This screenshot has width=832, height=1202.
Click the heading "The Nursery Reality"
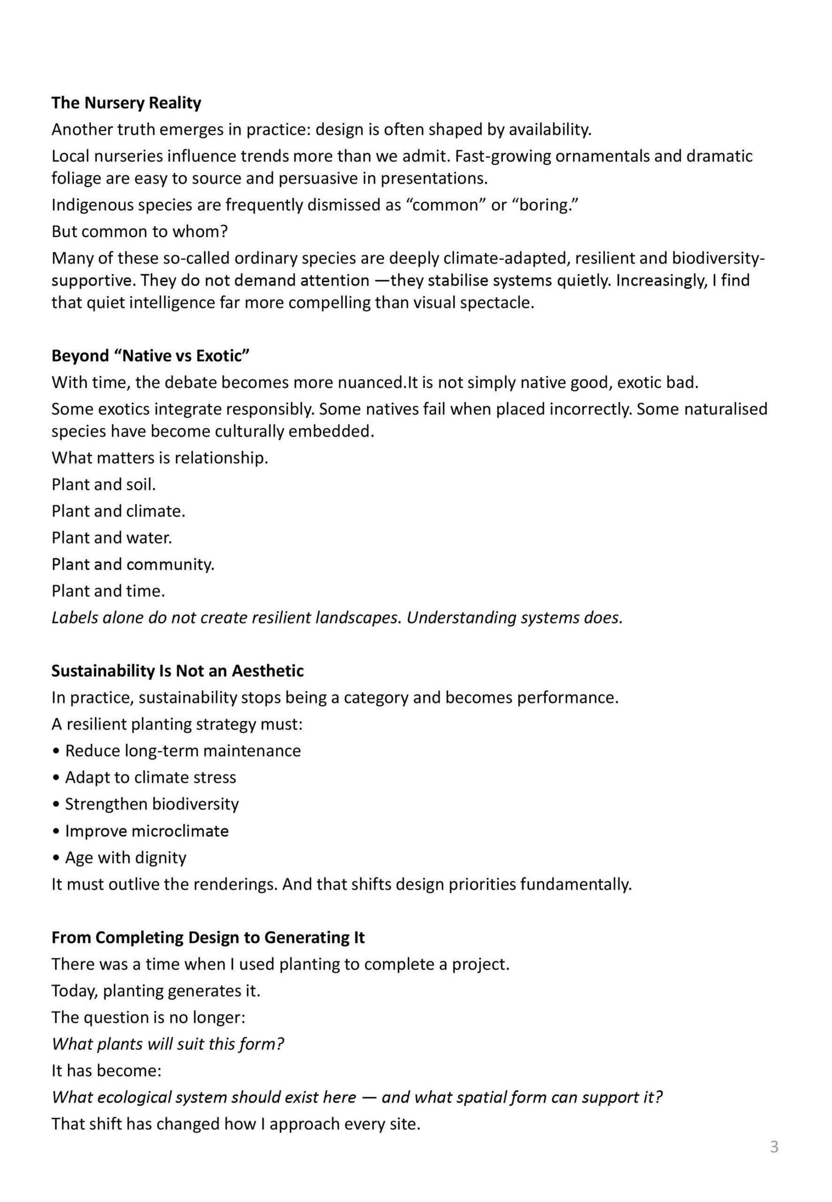point(126,103)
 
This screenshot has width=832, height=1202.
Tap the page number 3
point(774,1147)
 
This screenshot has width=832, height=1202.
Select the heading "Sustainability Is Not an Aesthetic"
point(177,670)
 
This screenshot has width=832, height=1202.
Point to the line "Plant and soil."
point(104,485)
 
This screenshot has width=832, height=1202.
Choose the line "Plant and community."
point(133,564)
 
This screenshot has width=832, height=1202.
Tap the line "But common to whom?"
point(140,231)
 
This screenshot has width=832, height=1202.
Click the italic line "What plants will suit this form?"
point(168,1043)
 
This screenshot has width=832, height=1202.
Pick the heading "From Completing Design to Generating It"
point(208,937)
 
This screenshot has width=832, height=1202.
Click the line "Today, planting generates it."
point(156,990)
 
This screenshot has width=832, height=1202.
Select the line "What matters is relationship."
point(160,458)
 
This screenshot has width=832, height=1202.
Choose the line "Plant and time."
point(108,591)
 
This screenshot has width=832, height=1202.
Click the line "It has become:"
point(107,1070)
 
